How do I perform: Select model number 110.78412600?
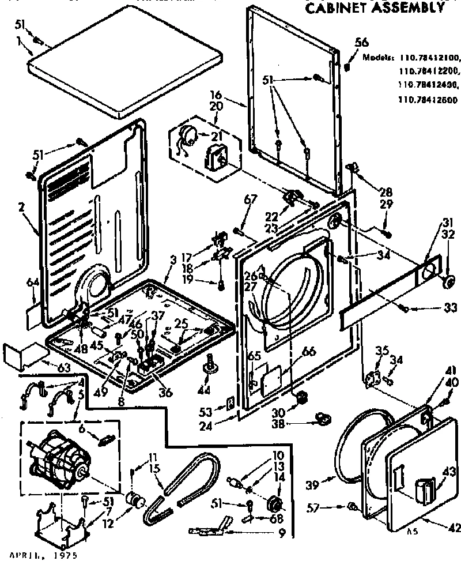(428, 99)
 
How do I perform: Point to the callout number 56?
(361, 42)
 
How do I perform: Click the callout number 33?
(451, 308)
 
